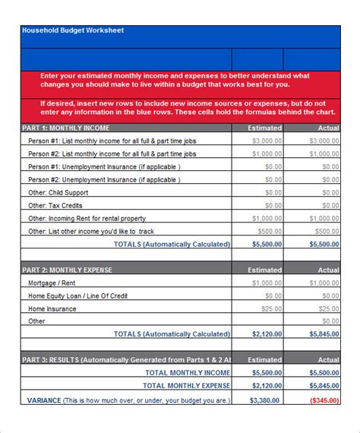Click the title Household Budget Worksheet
tap(73, 30)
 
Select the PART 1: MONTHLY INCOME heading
tap(69, 128)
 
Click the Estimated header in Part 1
tap(265, 128)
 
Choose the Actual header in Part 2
tap(328, 270)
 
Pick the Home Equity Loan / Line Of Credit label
tap(83, 296)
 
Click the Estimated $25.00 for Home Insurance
tap(271, 308)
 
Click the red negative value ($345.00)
tap(324, 399)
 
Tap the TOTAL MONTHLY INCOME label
tap(188, 373)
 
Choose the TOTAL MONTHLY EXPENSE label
tap(185, 386)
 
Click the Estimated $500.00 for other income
tap(269, 231)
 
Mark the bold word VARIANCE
tap(44, 399)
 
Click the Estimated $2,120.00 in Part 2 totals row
tap(267, 333)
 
